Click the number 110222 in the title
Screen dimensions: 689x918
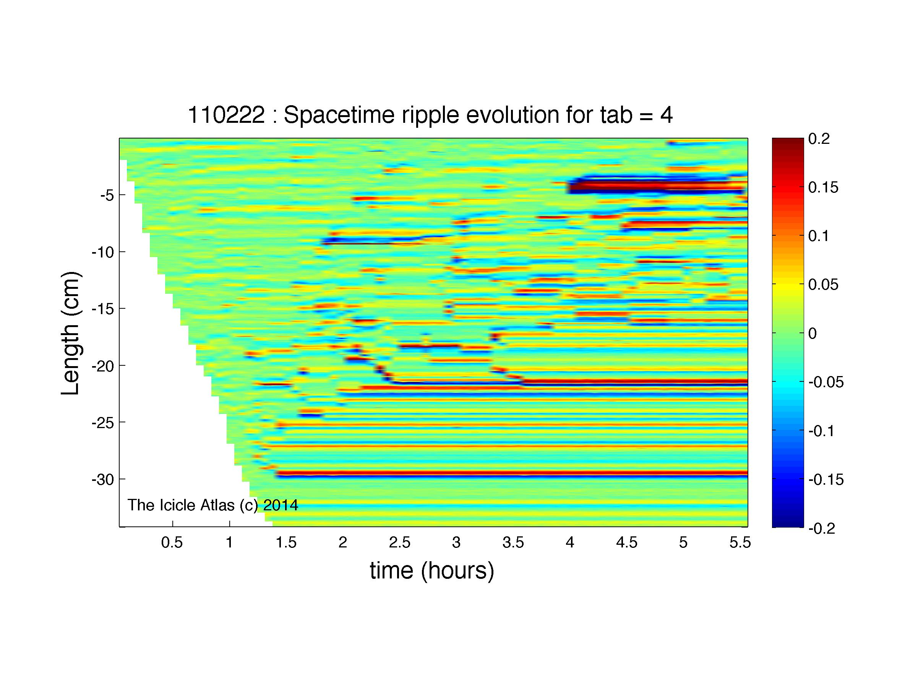(x=226, y=115)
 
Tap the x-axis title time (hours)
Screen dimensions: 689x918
(x=432, y=571)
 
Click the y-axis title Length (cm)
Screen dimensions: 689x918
(x=70, y=334)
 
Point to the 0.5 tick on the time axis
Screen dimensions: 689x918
(x=172, y=542)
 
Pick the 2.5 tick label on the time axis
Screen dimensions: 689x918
(x=399, y=542)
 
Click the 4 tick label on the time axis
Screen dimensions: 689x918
(x=570, y=542)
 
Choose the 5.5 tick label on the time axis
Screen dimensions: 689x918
(x=740, y=542)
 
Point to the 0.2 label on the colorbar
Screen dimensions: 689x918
(x=819, y=139)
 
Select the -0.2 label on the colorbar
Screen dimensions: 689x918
(x=821, y=528)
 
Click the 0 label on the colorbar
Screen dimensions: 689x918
(x=813, y=334)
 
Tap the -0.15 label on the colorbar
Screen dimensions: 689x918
(x=826, y=480)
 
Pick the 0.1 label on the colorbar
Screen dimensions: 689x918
(x=819, y=236)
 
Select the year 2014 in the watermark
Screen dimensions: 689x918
(x=281, y=505)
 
